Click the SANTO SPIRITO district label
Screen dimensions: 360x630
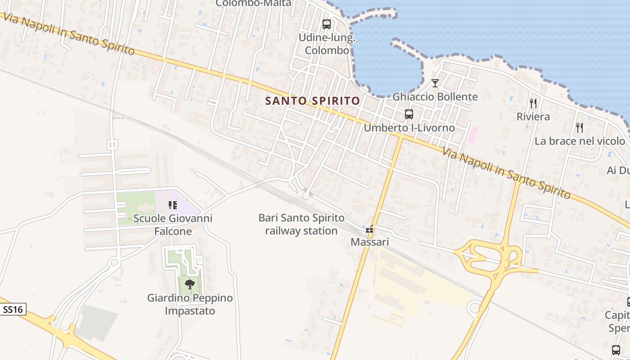tap(313, 101)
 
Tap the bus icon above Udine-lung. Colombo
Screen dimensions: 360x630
tap(327, 24)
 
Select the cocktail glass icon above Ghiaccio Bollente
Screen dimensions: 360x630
tap(435, 83)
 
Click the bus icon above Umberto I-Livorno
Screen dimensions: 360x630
tap(409, 114)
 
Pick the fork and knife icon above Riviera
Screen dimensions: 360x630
tap(533, 103)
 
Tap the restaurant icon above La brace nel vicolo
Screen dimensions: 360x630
tap(580, 128)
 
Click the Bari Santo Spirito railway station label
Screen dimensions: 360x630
tap(301, 225)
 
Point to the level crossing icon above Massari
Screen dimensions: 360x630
tap(370, 229)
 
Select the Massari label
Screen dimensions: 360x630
tap(369, 242)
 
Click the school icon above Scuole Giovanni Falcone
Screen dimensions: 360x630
tap(173, 205)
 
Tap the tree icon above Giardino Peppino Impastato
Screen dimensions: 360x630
tap(190, 284)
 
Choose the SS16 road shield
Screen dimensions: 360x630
tap(13, 310)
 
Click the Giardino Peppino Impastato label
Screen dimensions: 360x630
tap(190, 304)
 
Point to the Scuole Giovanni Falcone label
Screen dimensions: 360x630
tap(173, 225)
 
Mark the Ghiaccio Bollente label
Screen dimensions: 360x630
tap(435, 97)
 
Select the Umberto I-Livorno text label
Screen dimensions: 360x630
tap(409, 128)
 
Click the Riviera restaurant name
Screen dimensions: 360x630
tap(533, 117)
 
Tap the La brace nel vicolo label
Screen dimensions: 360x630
tap(580, 141)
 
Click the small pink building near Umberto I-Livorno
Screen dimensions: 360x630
tap(472, 135)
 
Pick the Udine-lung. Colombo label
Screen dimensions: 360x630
tap(327, 44)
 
